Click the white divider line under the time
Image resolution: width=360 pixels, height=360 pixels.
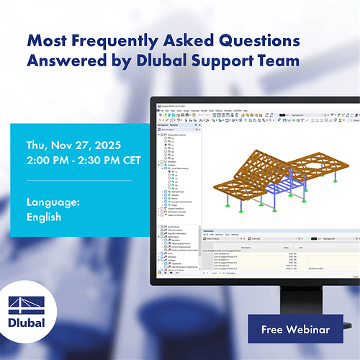(79, 180)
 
